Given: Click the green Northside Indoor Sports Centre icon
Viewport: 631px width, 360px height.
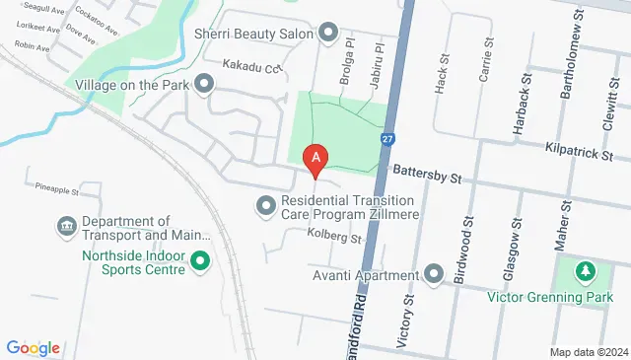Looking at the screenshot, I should (x=200, y=262).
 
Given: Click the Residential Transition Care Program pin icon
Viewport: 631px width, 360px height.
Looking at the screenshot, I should (x=264, y=205).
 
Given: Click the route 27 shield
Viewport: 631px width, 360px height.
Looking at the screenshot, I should (x=388, y=140).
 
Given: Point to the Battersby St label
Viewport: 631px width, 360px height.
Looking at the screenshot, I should (x=428, y=177).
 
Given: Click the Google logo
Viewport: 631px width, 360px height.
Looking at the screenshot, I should (x=33, y=347).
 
